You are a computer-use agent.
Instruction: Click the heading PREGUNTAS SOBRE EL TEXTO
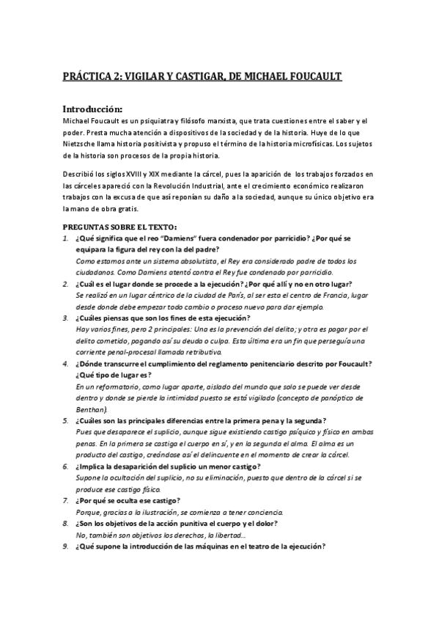(x=119, y=227)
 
